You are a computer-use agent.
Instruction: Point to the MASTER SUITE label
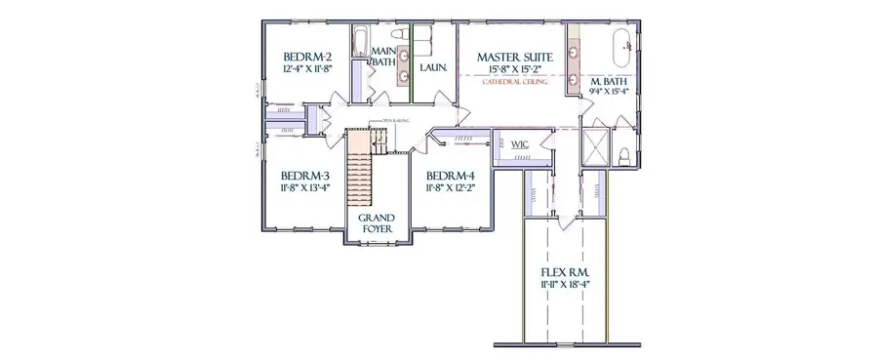(x=515, y=58)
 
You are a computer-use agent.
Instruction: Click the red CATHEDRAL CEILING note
(x=515, y=83)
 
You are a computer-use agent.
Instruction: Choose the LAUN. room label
(x=433, y=68)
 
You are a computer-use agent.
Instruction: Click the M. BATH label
(x=609, y=81)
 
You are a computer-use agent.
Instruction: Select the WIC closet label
(x=520, y=145)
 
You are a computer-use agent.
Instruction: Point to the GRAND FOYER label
(x=376, y=222)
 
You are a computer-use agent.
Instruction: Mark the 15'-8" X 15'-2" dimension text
(x=515, y=70)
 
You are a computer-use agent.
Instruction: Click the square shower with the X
(x=594, y=150)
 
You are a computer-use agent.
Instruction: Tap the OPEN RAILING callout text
(x=381, y=121)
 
